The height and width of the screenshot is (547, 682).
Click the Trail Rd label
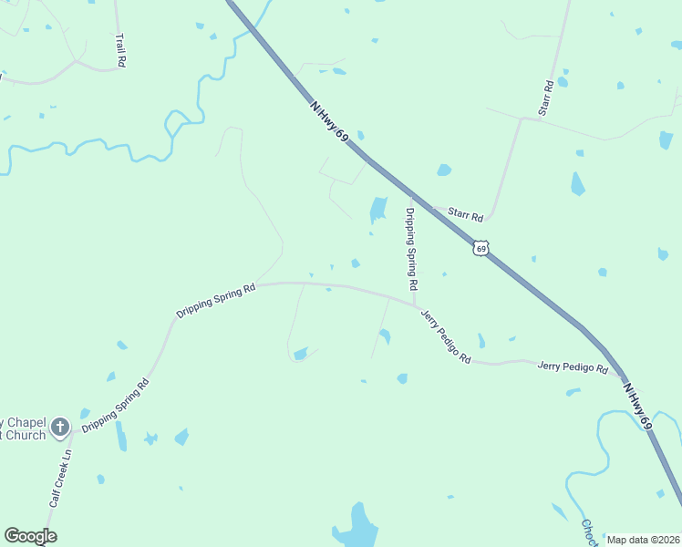(119, 50)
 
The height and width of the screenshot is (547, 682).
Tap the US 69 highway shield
(481, 247)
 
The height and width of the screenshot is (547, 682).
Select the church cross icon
(60, 426)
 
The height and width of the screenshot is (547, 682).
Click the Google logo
(30, 535)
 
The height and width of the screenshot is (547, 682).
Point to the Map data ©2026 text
(643, 540)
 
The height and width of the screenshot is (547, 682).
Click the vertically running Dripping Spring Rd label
(411, 249)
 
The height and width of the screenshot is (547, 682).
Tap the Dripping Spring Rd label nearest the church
(115, 404)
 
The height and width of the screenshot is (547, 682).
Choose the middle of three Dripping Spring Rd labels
(216, 301)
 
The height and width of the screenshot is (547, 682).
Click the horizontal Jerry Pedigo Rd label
(573, 367)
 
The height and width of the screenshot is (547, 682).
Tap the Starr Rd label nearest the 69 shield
(465, 215)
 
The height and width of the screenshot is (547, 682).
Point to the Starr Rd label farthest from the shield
(545, 98)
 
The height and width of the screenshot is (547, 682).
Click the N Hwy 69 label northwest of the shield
(330, 120)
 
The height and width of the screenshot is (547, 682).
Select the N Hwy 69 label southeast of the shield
(638, 405)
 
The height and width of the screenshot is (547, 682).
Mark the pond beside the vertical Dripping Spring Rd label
(377, 211)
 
